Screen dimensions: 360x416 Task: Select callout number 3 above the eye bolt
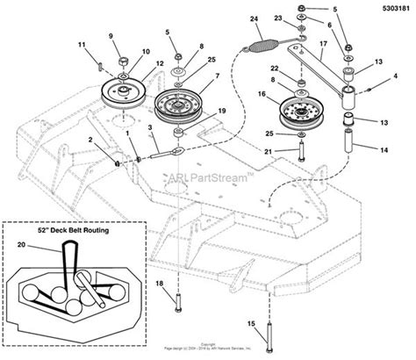point(152,129)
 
